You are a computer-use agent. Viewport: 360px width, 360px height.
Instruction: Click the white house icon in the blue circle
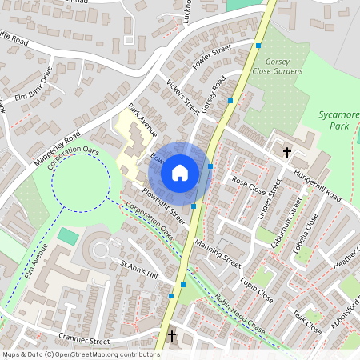(180, 172)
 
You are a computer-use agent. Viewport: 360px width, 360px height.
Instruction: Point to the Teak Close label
(306, 319)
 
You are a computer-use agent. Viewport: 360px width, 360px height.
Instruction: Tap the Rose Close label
(248, 186)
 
